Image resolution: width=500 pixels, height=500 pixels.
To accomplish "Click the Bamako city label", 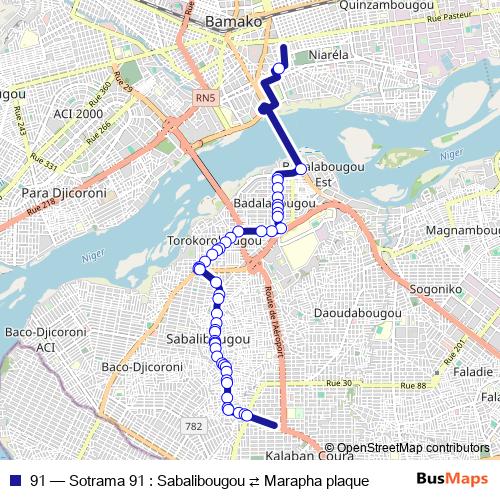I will (232, 21).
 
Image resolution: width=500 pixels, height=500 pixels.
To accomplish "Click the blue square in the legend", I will (15, 480).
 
